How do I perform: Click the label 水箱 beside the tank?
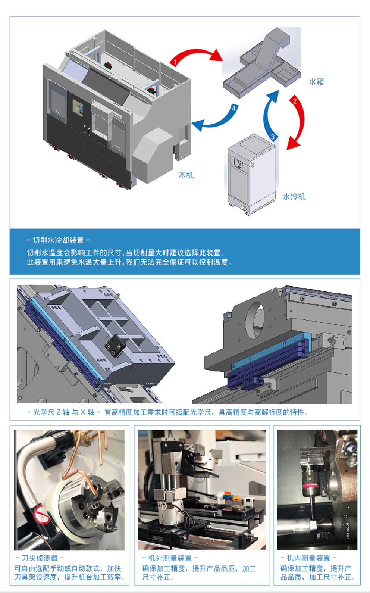click(x=316, y=82)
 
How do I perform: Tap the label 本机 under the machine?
click(x=186, y=175)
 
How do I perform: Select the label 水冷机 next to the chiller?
click(x=294, y=197)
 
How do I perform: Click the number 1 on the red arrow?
click(x=175, y=62)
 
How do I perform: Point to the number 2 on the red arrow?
click(x=295, y=101)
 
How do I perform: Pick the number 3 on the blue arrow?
click(x=273, y=137)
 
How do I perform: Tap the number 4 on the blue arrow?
click(x=233, y=108)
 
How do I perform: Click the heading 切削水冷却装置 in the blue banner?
click(x=58, y=240)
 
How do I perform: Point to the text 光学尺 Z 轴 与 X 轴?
click(x=64, y=412)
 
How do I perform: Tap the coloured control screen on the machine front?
click(x=78, y=108)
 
